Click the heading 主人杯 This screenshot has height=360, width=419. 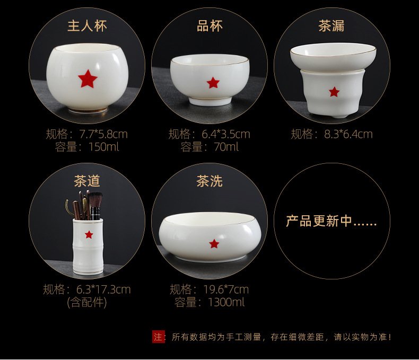(x=87, y=26)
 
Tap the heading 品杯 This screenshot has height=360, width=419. (x=210, y=26)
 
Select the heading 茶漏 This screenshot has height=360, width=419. (x=331, y=26)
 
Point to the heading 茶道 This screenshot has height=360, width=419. (x=87, y=181)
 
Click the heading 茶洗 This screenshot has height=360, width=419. (x=210, y=181)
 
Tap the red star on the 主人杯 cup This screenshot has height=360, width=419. (x=88, y=79)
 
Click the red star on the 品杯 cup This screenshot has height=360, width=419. (x=213, y=83)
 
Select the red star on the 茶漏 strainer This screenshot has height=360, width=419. (x=334, y=92)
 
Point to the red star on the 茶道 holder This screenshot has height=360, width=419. (x=89, y=235)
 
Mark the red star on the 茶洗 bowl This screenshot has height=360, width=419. (x=214, y=243)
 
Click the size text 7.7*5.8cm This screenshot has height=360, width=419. (x=103, y=134)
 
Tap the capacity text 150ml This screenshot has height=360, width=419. (x=103, y=147)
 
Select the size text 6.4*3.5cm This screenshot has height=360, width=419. (x=226, y=134)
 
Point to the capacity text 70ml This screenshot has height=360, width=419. (x=226, y=147)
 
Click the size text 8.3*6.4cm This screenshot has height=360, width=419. (x=348, y=134)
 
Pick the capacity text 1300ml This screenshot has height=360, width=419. (x=226, y=302)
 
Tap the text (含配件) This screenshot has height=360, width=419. (x=87, y=302)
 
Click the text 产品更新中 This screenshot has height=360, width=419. (x=319, y=221)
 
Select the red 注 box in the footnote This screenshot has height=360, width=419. (x=158, y=337)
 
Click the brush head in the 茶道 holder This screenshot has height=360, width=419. (x=95, y=200)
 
